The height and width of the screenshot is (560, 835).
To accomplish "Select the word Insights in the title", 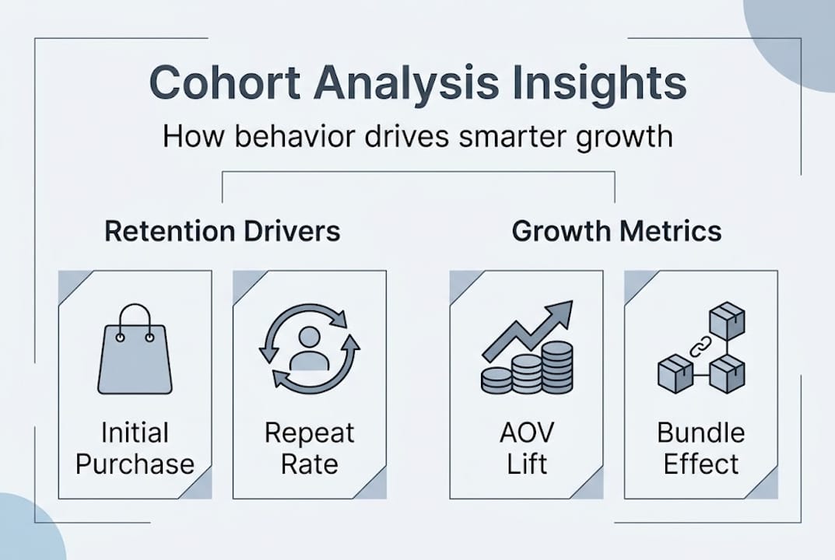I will click(x=598, y=82).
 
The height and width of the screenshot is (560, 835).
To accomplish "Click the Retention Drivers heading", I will click(x=223, y=231).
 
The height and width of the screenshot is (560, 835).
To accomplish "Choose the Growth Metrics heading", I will click(x=616, y=231).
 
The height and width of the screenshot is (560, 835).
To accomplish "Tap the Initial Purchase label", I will click(x=135, y=448).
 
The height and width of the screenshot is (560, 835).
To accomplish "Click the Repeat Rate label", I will click(x=310, y=448).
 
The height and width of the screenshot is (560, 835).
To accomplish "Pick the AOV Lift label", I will click(x=527, y=448).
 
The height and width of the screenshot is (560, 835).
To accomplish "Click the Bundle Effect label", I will click(x=701, y=448).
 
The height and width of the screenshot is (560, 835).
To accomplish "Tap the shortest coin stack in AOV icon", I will click(x=496, y=380).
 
